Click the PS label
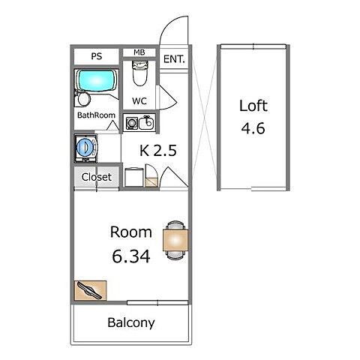pos(97,56)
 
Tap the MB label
pos(139,52)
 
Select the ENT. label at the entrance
pos(174,59)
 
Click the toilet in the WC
pos(139,73)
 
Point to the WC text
pos(139,101)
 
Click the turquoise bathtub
pos(97,80)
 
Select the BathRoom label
pos(96,115)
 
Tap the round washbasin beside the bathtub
pos(84,99)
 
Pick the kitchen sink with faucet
pos(146,122)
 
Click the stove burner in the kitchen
pos(131,123)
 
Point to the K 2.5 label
pos(158,151)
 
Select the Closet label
pos(97,177)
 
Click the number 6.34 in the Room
pos(131,256)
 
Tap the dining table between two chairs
pos(175,240)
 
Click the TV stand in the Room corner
pos(91,290)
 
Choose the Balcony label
pos(131,322)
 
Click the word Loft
pos(253,106)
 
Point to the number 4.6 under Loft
pos(253,128)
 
